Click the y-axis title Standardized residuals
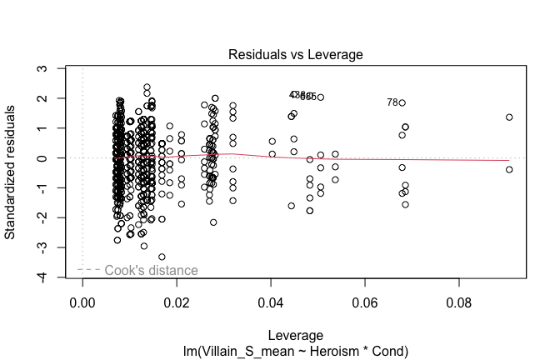12,172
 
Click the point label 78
392,102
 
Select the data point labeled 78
402,103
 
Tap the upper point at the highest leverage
509,117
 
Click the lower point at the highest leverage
509,169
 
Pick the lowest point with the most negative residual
162,257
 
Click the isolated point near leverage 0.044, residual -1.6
292,206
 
